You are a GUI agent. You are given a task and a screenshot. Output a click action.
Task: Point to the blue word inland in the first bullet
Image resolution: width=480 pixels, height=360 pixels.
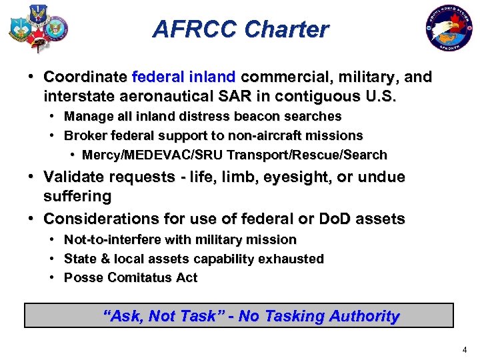[211, 77]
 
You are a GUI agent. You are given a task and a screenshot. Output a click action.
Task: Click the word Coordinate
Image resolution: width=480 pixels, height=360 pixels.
[86, 77]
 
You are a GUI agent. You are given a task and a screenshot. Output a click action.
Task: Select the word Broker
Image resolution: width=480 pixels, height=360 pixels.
[84, 136]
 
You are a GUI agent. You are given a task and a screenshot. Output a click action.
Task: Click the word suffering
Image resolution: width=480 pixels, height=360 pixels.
[77, 197]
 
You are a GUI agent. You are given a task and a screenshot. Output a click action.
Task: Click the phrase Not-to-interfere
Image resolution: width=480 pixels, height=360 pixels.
[109, 239]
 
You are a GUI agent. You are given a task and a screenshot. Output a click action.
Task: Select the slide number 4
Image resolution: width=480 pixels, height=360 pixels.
[464, 350]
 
